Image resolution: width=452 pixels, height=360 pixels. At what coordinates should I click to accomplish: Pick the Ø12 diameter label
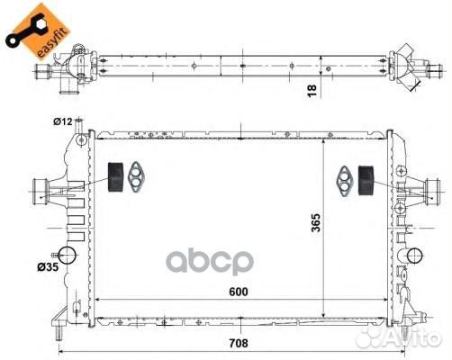pyautogui.click(x=63, y=121)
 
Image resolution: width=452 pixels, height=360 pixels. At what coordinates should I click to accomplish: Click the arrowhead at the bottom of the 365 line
pyautogui.click(x=322, y=311)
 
